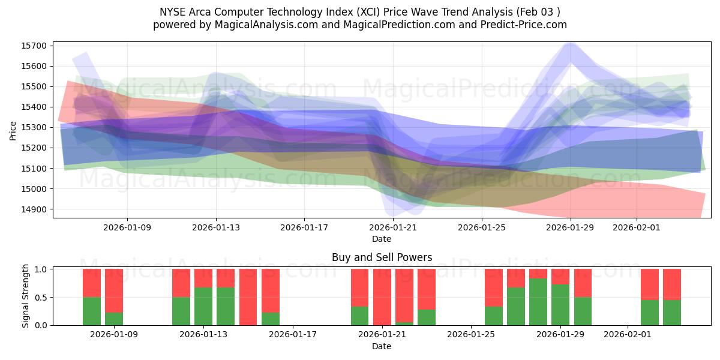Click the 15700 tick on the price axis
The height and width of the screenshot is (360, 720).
click(37, 46)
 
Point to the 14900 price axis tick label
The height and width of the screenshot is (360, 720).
click(37, 209)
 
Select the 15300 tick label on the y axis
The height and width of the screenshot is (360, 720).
click(37, 127)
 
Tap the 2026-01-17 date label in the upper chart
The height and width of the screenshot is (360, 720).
click(304, 227)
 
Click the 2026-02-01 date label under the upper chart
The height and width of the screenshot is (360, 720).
click(637, 227)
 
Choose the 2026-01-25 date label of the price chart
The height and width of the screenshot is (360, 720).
click(481, 227)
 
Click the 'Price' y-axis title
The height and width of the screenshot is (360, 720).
click(13, 130)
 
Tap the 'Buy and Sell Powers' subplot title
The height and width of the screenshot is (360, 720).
click(382, 257)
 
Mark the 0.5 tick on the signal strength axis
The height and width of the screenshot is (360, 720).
click(42, 298)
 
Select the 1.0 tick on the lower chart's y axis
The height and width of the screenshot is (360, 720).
click(42, 269)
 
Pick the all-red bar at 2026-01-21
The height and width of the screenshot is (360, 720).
click(382, 297)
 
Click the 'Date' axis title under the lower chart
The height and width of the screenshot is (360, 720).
click(382, 346)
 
